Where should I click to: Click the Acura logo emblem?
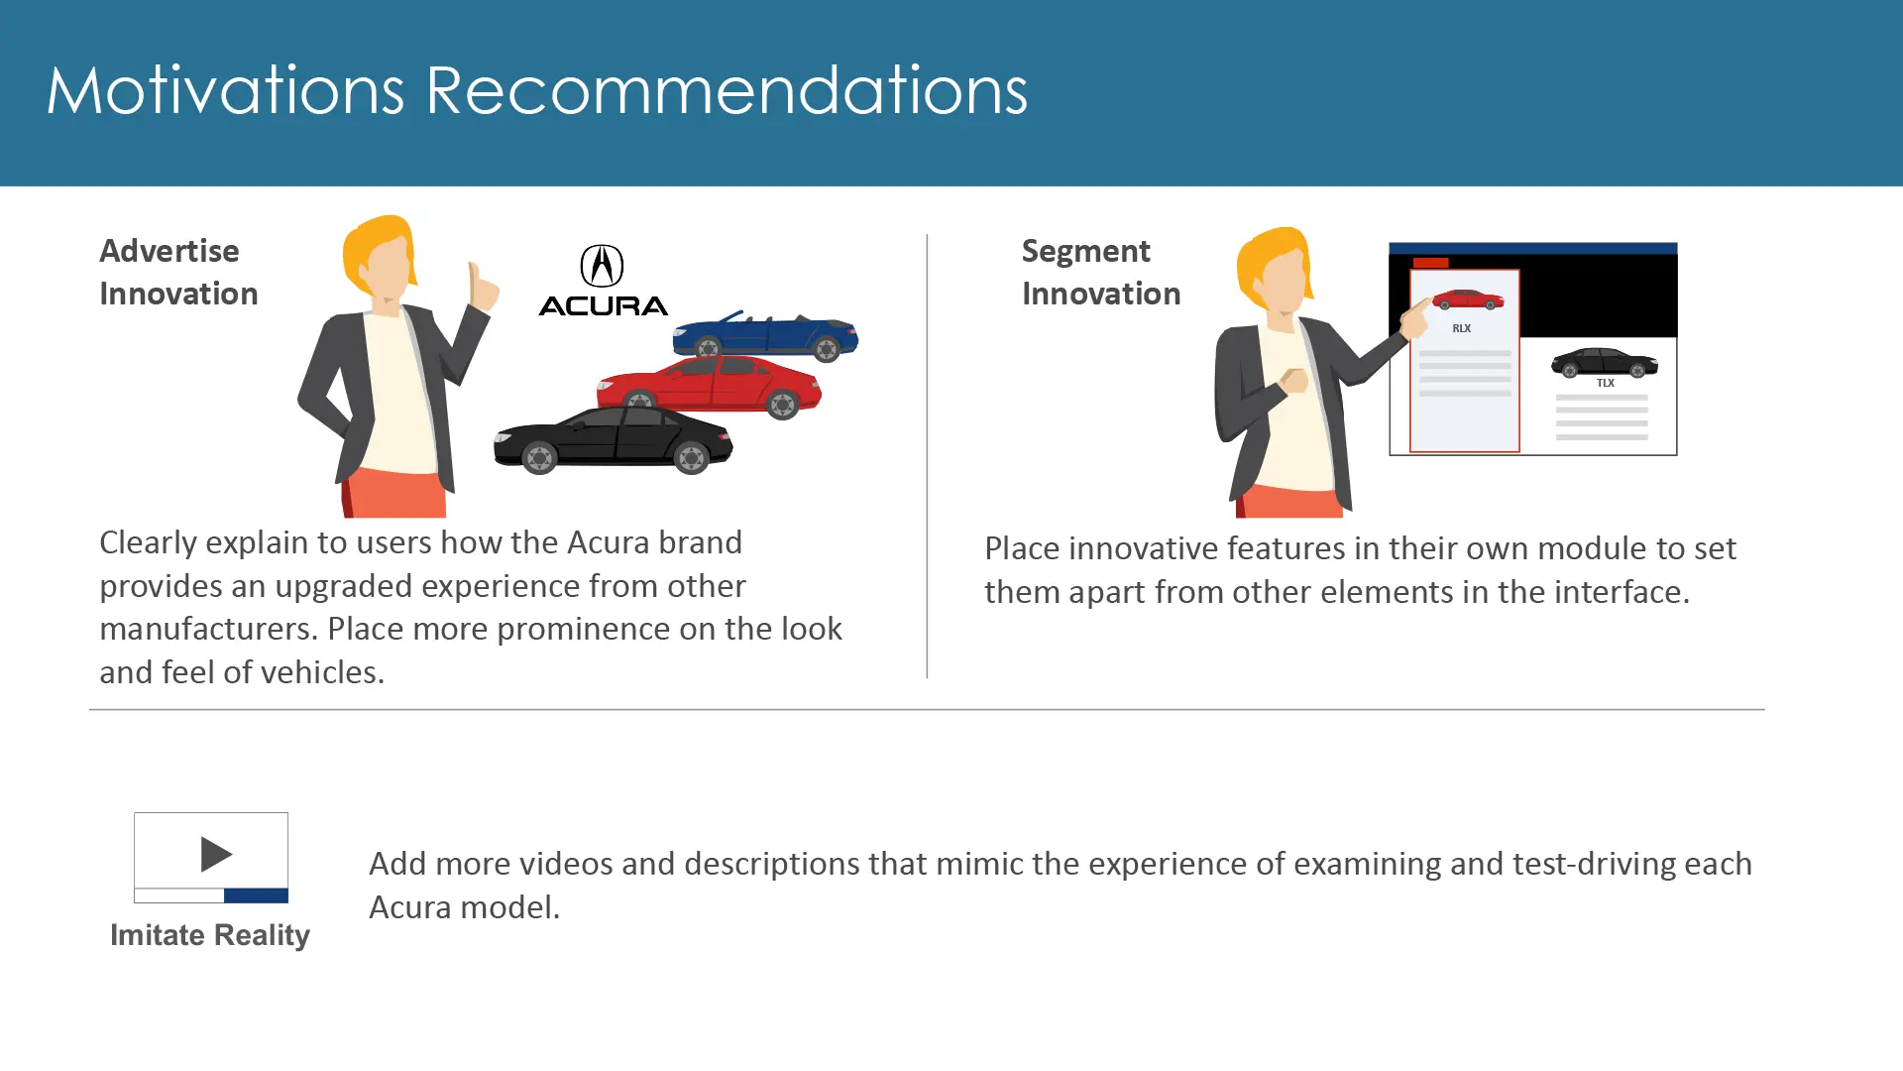point(602,266)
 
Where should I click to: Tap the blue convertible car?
point(765,335)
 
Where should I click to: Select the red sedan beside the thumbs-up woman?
point(709,387)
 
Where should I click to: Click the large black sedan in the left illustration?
point(614,439)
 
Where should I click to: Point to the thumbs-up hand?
point(483,287)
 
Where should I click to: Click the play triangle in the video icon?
point(216,854)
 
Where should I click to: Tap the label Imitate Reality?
point(210,935)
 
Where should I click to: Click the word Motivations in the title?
point(225,90)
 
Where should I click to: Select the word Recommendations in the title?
point(727,90)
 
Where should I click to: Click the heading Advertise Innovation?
point(178,272)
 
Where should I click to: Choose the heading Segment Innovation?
point(1101,272)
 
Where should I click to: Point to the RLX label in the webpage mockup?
point(1462,328)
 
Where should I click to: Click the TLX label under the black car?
point(1606,383)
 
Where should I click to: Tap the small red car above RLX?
point(1468,298)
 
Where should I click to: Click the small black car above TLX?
point(1605,362)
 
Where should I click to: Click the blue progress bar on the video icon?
point(256,895)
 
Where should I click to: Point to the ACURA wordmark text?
point(604,306)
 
